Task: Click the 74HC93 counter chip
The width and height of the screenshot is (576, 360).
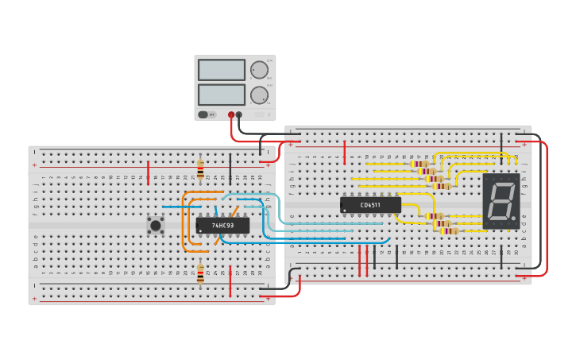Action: tap(222, 226)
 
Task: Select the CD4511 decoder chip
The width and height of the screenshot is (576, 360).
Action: tap(370, 205)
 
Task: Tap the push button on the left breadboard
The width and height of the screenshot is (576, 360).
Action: tap(156, 225)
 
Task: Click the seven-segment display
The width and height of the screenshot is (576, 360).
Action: tap(501, 201)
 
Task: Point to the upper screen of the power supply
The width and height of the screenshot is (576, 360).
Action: tap(221, 70)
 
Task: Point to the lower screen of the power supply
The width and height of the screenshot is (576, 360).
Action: tap(221, 95)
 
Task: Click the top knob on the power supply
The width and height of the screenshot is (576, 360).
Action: tap(259, 70)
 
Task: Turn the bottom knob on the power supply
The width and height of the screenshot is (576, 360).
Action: tap(259, 95)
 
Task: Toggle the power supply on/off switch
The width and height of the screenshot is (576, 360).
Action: tap(203, 114)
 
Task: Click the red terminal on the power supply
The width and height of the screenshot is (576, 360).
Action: tap(231, 114)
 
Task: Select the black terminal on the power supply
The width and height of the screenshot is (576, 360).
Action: tap(239, 114)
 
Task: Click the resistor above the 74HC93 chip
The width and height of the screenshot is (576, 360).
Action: tap(200, 169)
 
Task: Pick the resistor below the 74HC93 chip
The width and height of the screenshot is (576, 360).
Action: tap(200, 273)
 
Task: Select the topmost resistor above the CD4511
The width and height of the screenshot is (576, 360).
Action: tap(420, 164)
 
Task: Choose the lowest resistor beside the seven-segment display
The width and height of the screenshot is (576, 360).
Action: tap(449, 230)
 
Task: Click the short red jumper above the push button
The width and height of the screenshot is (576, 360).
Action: tap(148, 172)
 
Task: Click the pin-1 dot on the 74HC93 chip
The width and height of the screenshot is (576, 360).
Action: tap(200, 231)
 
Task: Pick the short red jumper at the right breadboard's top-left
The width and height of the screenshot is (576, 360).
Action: tap(344, 152)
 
